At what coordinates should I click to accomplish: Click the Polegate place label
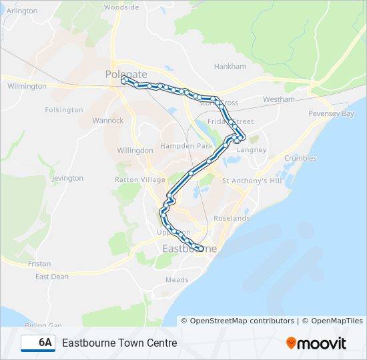(x=121, y=75)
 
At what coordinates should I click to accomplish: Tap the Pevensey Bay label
(x=331, y=114)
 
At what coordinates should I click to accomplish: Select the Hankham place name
(x=230, y=67)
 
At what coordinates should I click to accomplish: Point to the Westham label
(x=279, y=99)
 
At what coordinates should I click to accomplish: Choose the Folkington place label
(x=64, y=110)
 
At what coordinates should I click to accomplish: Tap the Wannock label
(x=108, y=121)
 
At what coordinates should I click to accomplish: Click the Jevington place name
(x=67, y=178)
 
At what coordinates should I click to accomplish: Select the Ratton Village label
(x=140, y=180)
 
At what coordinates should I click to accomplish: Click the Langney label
(x=252, y=150)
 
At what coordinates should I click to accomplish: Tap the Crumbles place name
(x=300, y=158)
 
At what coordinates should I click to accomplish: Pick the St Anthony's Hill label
(x=252, y=181)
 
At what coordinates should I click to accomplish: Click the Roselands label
(x=232, y=218)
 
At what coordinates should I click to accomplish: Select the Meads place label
(x=177, y=280)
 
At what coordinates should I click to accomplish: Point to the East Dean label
(x=52, y=277)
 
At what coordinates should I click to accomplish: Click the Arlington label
(x=22, y=11)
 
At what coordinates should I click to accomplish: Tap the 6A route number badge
(x=38, y=343)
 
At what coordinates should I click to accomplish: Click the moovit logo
(x=316, y=343)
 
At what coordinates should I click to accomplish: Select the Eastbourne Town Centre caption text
(x=119, y=343)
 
